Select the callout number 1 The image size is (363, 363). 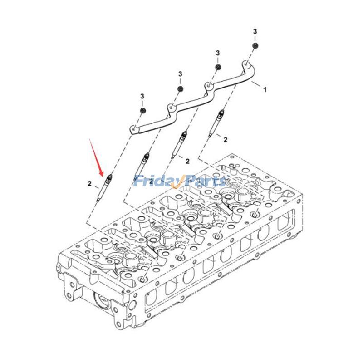pyautogui.click(x=265, y=90)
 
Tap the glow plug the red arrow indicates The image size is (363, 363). pyautogui.click(x=104, y=188)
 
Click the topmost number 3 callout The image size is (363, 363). pyautogui.click(x=255, y=31)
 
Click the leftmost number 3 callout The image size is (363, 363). pyautogui.click(x=142, y=96)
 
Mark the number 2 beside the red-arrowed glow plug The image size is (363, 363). pyautogui.click(x=90, y=183)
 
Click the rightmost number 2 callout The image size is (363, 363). pyautogui.click(x=226, y=140)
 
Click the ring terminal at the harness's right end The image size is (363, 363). pyautogui.click(x=245, y=65)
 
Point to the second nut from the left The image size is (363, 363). pyautogui.click(x=180, y=88)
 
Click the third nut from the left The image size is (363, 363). pyautogui.click(x=218, y=67)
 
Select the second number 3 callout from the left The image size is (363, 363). pyautogui.click(x=180, y=74)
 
